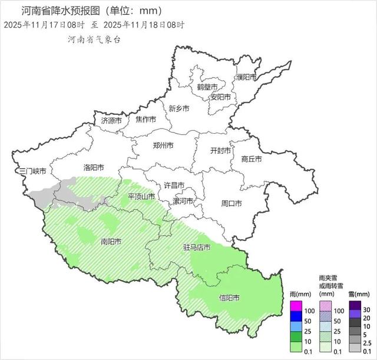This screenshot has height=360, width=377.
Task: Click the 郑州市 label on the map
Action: (163, 146)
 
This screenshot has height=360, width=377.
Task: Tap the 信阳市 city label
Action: (229, 298)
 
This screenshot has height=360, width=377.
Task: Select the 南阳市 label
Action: (111, 241)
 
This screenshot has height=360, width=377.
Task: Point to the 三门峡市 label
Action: (32, 171)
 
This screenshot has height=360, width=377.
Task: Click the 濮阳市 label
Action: (246, 78)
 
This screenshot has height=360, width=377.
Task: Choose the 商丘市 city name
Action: (251, 158)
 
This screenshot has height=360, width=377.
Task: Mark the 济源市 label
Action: (111, 120)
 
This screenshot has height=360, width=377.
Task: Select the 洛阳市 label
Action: (94, 167)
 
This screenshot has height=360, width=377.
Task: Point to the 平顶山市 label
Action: (141, 196)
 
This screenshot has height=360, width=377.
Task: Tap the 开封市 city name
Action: (221, 150)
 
